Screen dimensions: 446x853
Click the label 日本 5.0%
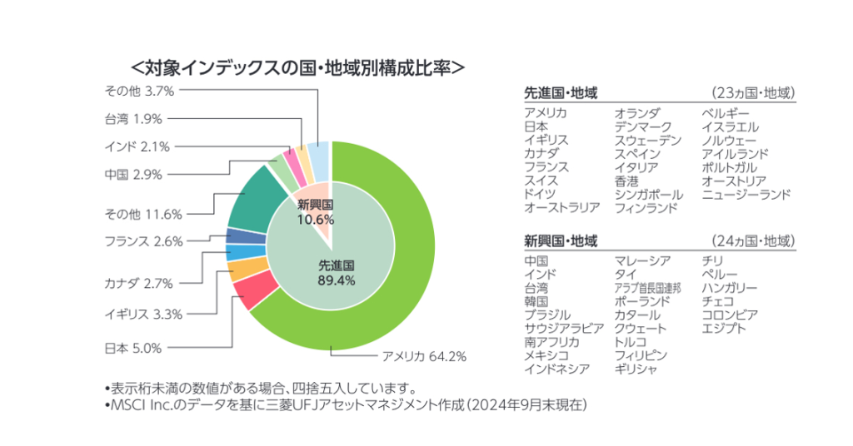pos(133,348)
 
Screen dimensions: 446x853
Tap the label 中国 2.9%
pos(133,174)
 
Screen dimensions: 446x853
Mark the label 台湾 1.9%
pos(133,118)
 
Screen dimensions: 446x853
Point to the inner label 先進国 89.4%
pos(337,273)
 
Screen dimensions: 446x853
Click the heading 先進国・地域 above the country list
pos(561,92)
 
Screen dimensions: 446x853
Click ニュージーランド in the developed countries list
pos(746,195)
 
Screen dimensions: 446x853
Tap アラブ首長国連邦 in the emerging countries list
pos(647,288)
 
